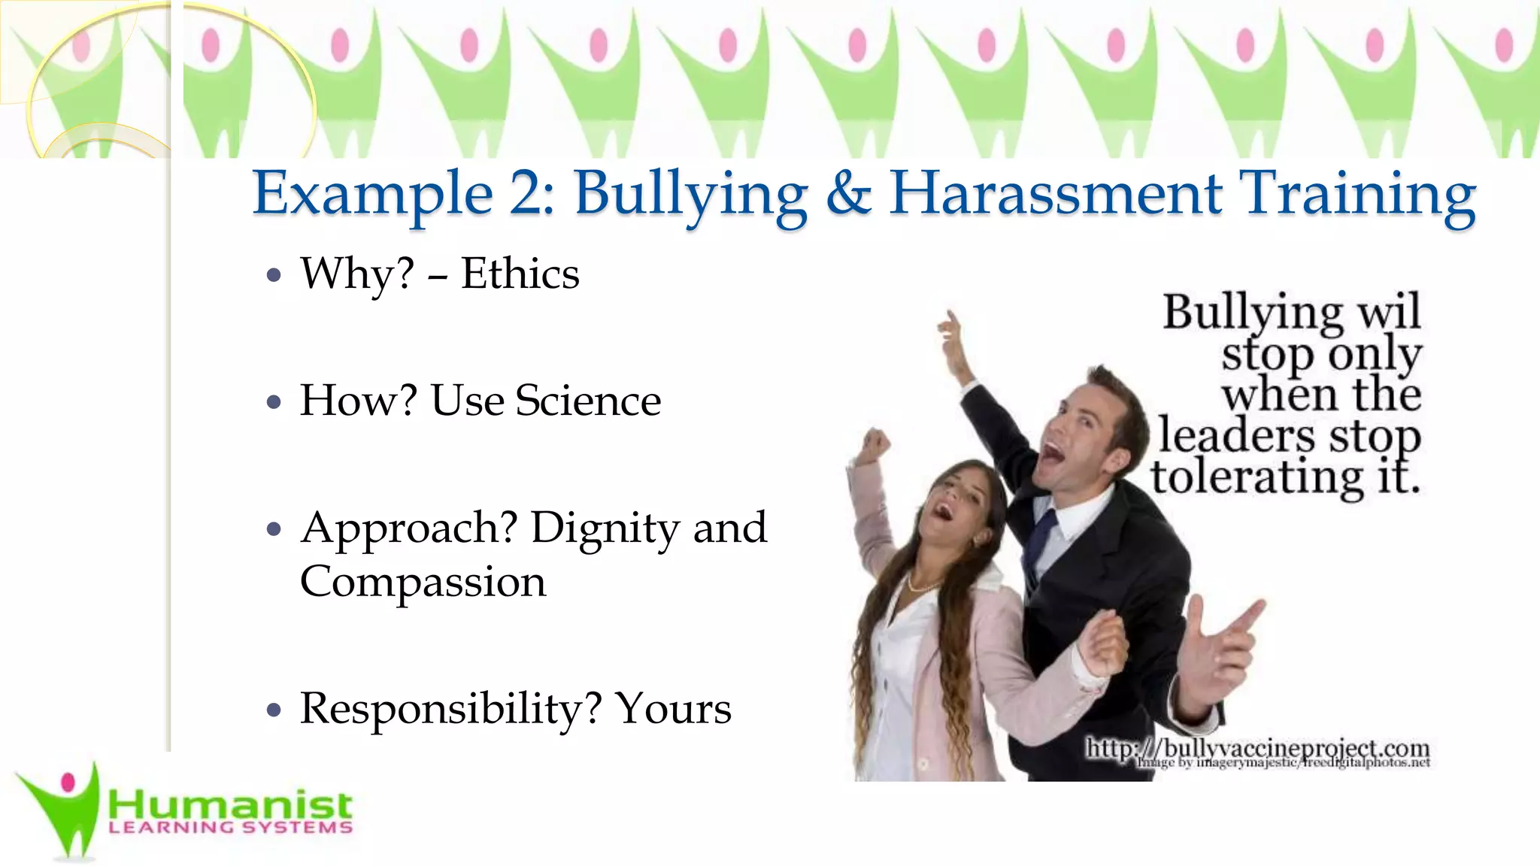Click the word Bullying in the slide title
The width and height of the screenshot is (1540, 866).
690,194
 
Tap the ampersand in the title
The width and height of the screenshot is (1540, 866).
848,194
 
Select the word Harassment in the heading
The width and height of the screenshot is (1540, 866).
1055,194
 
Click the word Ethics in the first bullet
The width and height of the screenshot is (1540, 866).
520,274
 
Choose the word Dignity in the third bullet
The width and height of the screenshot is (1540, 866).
604,528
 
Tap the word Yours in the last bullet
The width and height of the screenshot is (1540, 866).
673,709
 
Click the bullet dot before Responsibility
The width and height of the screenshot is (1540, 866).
274,710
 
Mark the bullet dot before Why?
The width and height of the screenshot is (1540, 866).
274,275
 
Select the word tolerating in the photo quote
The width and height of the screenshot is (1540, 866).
1257,477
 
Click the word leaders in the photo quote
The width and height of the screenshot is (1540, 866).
1236,436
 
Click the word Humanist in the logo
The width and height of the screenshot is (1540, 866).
230,806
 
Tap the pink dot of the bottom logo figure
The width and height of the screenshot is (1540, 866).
68,783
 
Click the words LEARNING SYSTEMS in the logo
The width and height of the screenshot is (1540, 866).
230,828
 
